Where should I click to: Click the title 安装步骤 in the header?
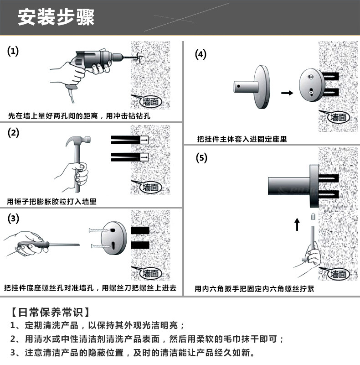tap(56, 18)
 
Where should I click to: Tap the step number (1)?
tap(14, 51)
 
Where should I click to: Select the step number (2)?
tap(14, 133)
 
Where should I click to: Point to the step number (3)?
tap(14, 218)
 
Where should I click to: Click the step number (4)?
tap(201, 54)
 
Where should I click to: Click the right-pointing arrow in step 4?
tap(287, 93)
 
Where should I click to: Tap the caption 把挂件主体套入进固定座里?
tap(242, 139)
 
